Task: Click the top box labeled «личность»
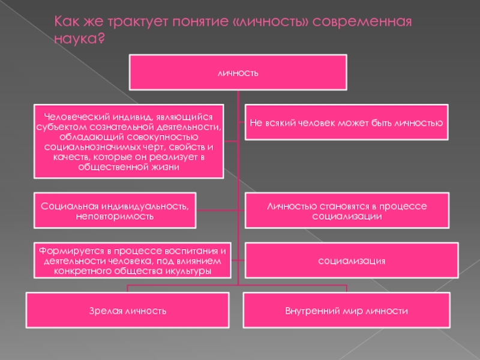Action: pos(238,73)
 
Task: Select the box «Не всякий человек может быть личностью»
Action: pos(346,122)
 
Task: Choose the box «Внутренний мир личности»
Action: pos(346,311)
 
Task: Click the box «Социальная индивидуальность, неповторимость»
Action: pos(114,211)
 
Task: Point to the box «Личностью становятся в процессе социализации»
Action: pos(346,211)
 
